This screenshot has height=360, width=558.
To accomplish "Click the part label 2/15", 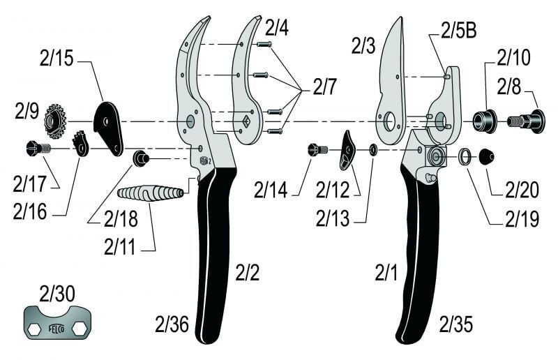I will point(58,59).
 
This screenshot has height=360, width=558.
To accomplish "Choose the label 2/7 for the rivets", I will point(324,87).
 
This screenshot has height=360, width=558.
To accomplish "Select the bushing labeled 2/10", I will point(483,121).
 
